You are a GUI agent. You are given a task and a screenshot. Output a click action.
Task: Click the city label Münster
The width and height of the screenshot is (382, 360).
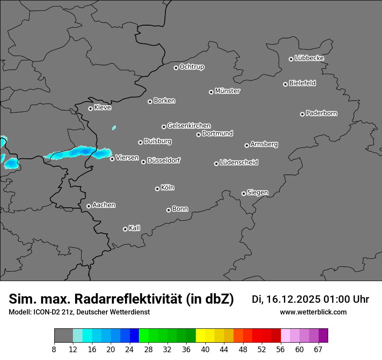[227, 91]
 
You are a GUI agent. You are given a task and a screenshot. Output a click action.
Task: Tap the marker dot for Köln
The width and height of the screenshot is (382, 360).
[157, 189]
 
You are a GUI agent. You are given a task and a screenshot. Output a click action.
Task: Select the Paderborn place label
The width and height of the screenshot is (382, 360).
[322, 113]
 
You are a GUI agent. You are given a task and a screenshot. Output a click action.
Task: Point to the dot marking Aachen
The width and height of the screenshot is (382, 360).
[89, 206]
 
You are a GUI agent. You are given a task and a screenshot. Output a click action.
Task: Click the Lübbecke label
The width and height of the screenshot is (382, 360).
[309, 58]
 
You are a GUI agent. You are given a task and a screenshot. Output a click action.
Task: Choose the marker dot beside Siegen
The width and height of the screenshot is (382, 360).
[244, 193]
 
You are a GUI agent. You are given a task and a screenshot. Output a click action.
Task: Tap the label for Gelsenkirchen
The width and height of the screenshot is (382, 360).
[189, 126]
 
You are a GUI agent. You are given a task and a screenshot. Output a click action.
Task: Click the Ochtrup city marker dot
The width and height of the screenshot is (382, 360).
[176, 68]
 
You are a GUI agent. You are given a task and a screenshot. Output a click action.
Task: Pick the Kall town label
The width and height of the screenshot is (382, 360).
[135, 228]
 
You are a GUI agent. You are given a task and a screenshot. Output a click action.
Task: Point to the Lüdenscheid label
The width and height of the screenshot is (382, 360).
[239, 163]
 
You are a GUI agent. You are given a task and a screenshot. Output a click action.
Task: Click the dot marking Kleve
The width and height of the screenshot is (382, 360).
[90, 108]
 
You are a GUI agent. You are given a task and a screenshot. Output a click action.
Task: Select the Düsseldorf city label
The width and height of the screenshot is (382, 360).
[164, 161]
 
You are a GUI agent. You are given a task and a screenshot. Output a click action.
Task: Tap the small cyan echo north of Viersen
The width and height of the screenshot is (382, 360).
[114, 128]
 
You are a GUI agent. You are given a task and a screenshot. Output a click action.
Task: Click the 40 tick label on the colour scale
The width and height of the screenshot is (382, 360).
[205, 350]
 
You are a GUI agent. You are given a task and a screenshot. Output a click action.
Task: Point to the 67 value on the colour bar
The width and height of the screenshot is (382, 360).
[318, 350]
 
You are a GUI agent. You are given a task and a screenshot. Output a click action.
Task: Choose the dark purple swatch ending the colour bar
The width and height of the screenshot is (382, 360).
[323, 336]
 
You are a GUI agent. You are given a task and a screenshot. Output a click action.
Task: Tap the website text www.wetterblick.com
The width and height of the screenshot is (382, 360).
[313, 312]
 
